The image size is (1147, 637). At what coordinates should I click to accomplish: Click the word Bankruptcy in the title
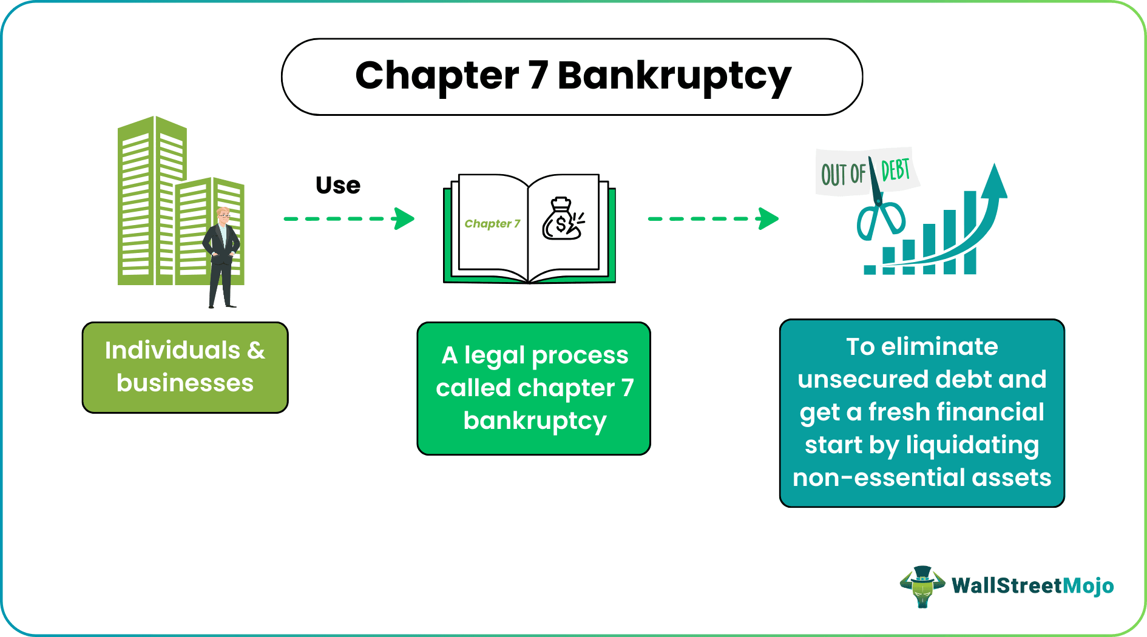tap(674, 77)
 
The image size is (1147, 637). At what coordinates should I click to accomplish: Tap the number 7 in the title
tap(538, 76)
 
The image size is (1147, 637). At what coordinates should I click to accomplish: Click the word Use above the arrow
tap(338, 185)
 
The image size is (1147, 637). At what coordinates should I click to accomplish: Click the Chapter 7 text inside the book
tap(492, 224)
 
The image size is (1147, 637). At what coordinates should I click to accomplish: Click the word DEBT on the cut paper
tap(895, 170)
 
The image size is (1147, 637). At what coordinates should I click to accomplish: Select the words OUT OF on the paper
tap(842, 174)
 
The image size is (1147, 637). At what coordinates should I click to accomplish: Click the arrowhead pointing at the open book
tap(404, 218)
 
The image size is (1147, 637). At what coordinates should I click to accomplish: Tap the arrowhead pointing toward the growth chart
tap(768, 218)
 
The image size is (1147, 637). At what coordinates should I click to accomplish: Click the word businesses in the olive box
tap(185, 383)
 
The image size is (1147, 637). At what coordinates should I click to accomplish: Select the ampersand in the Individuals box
tap(256, 351)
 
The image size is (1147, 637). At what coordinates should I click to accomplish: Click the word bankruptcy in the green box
tap(535, 421)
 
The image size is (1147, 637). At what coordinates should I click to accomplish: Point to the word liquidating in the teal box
tap(972, 445)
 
